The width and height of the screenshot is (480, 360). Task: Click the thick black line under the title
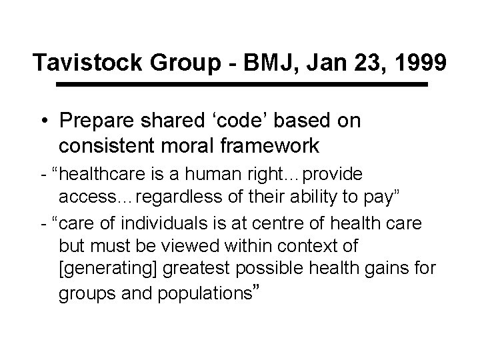coord(241,85)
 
